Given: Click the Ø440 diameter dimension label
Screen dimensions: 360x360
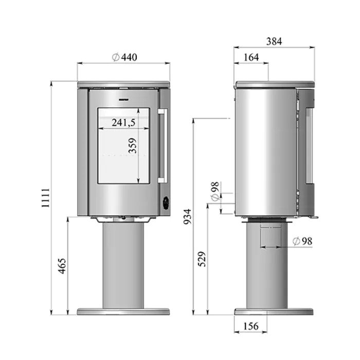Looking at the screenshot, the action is coord(124,58).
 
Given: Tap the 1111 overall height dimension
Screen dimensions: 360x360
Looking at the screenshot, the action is coord(46,197).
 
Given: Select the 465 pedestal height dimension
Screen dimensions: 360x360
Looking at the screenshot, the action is coord(62,266).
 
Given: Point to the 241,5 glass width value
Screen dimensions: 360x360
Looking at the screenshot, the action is coord(123,123).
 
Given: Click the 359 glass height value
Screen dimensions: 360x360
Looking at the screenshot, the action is coord(133,146).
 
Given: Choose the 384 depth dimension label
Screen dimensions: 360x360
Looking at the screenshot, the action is coord(274,42).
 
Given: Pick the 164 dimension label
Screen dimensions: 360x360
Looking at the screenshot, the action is coord(251,58).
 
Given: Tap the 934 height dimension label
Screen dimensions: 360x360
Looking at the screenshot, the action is coord(188,217).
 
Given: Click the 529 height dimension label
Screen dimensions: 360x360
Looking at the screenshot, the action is coord(202,259).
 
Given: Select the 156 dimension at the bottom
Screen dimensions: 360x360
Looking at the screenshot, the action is coord(251,326).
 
